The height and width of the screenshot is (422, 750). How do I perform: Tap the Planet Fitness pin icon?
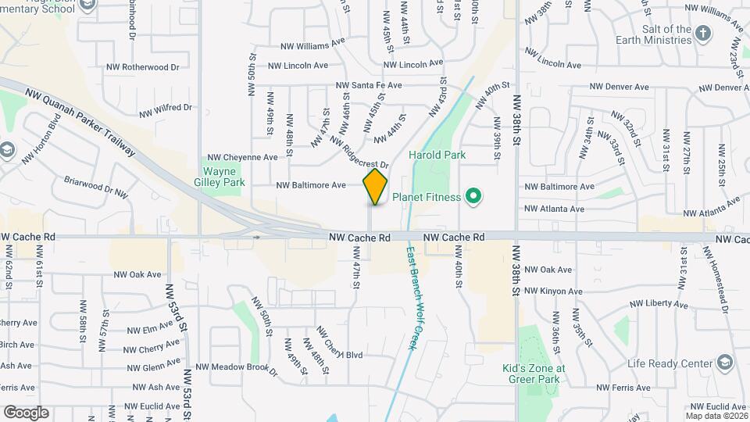[x=472, y=196]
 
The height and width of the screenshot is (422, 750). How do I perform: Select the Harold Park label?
[x=437, y=155]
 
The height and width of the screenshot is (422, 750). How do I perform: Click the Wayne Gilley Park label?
[x=224, y=177]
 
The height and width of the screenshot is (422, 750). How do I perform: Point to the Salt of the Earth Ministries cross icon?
[x=704, y=33]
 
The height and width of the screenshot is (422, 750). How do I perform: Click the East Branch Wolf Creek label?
[x=412, y=298]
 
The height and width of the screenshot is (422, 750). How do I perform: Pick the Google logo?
[x=26, y=413]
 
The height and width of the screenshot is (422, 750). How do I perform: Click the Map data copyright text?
[x=716, y=416]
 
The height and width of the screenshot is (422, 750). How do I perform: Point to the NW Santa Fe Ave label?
[x=369, y=85]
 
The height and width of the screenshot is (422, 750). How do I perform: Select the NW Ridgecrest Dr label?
[x=359, y=152]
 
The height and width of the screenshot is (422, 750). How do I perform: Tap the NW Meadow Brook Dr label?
[x=237, y=367]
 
